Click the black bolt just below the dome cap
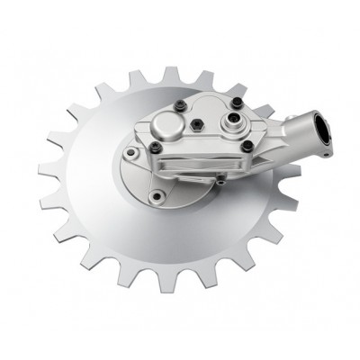tap(156, 148)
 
